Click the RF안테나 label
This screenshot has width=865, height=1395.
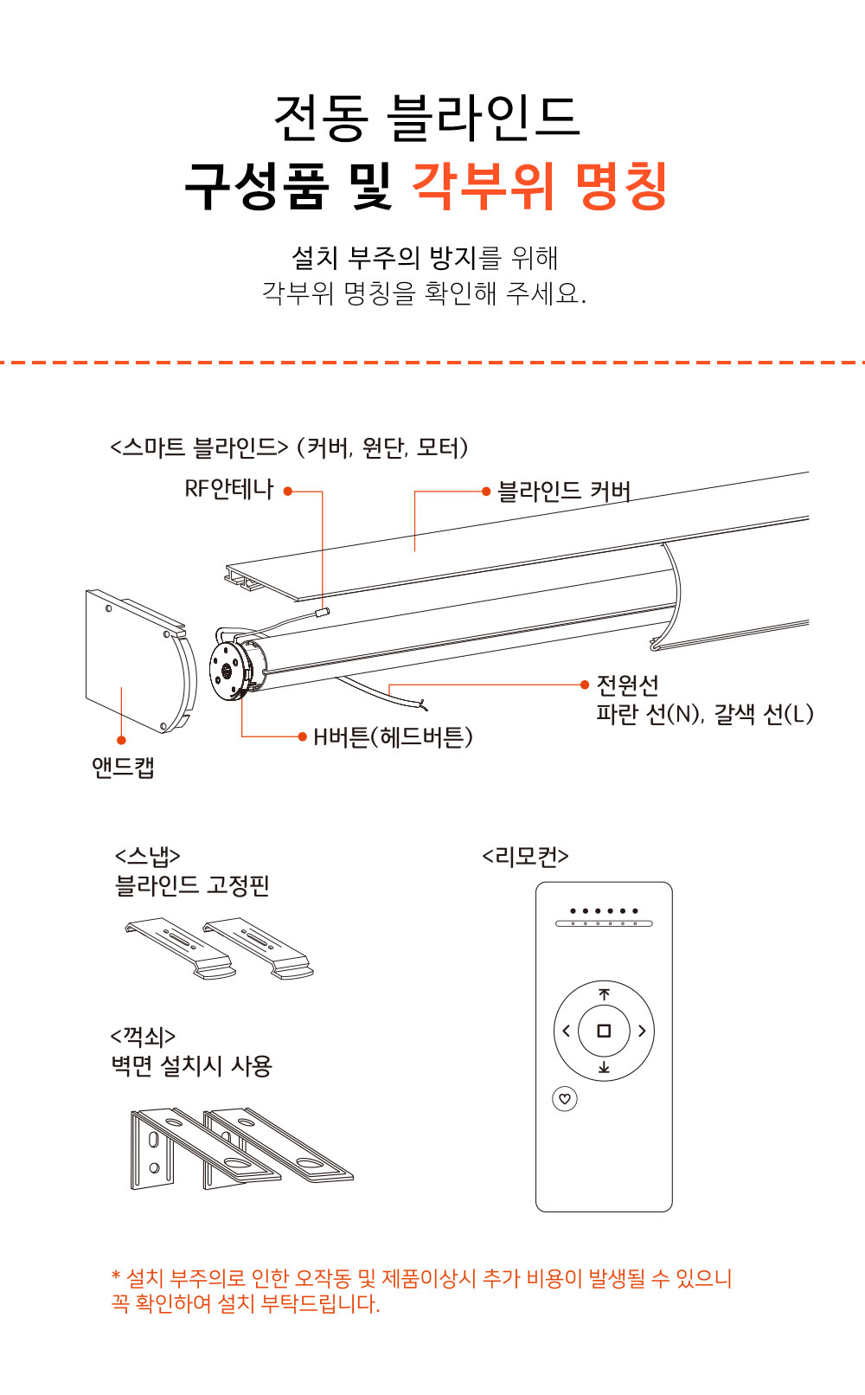point(229,489)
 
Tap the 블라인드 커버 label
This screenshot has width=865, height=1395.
point(564,492)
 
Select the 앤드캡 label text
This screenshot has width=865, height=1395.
point(123,768)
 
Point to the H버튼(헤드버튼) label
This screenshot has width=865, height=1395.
point(393,736)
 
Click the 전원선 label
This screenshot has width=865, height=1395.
point(627,685)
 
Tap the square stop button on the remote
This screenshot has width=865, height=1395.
point(604,1031)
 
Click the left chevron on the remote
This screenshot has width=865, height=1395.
point(566,1031)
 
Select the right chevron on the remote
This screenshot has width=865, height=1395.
point(642,1031)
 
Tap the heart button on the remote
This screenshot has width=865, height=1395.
point(565,1098)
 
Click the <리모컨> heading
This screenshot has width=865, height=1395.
point(525,857)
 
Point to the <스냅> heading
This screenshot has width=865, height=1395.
point(148,856)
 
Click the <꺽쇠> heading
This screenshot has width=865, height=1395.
point(143,1036)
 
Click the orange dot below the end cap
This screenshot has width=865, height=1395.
point(121,740)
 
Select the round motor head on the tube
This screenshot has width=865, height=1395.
point(227,671)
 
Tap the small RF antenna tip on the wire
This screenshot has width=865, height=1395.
point(323,612)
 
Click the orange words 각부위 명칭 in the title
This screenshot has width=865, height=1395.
point(540,185)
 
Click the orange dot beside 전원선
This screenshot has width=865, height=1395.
point(585,685)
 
